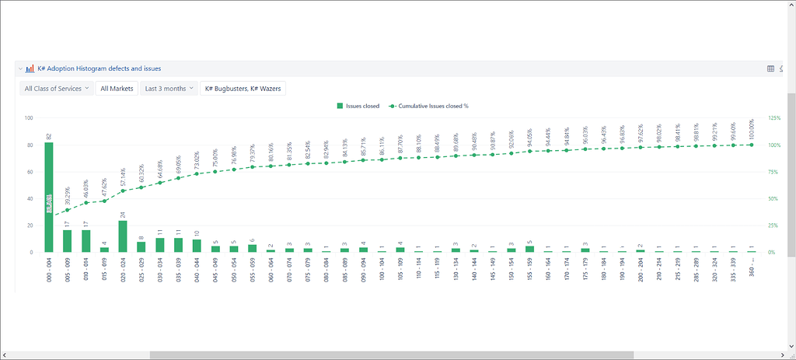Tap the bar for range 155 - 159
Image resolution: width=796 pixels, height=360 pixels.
529,249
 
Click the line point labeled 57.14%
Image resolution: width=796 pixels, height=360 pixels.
123,190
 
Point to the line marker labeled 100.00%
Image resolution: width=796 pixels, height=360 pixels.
751,145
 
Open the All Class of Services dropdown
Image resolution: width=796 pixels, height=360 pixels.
56,89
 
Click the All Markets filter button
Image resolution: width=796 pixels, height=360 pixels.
117,89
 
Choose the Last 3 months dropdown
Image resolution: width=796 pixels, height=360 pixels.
169,89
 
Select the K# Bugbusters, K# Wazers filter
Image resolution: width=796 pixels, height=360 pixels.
242,89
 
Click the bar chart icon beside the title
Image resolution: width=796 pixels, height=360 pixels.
30,68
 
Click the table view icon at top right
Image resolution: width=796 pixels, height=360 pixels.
770,68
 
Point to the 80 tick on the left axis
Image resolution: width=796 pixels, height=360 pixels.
29,145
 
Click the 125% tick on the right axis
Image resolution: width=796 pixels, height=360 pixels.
774,118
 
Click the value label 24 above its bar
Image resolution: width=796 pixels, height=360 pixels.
123,215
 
